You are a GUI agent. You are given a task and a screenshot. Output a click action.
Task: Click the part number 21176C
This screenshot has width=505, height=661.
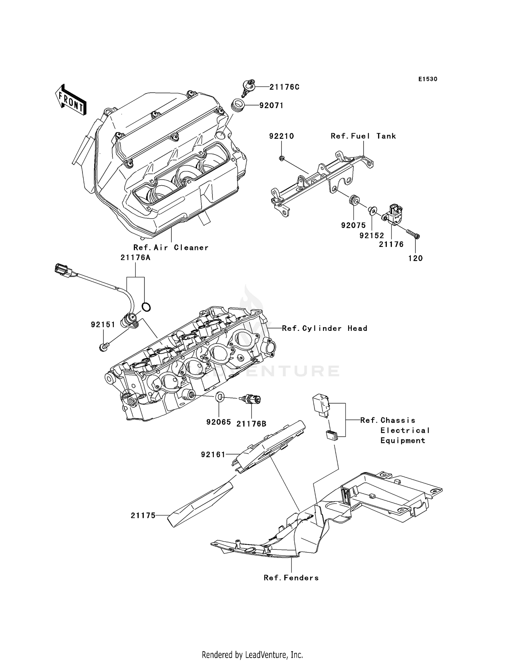[x=284, y=87]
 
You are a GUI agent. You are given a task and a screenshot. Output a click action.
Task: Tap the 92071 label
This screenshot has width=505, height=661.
[x=271, y=105]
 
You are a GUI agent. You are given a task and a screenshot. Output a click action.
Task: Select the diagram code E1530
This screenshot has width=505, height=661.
[x=428, y=79]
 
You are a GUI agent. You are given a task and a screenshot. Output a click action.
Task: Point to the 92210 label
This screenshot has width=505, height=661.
[x=281, y=136]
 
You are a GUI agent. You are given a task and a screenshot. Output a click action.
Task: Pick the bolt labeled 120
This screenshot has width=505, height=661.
[x=413, y=234]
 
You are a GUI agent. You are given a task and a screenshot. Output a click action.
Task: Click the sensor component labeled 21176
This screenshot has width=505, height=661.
[x=395, y=214]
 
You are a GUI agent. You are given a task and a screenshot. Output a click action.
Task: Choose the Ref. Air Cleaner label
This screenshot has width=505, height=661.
[x=171, y=247]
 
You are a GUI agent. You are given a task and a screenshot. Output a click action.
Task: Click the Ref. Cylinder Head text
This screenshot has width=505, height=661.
[x=324, y=328]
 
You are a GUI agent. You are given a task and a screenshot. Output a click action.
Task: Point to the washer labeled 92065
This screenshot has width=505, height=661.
[x=219, y=397]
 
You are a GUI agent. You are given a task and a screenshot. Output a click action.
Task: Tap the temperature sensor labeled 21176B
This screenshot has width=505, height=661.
[x=252, y=400]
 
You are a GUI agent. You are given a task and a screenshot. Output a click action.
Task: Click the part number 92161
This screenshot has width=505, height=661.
[x=213, y=454]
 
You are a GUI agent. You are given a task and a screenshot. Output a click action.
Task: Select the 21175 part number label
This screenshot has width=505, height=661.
[x=143, y=515]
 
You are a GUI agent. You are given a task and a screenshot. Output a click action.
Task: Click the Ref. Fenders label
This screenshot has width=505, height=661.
[x=291, y=578]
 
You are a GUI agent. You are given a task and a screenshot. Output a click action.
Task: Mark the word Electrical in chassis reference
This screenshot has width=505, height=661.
[x=405, y=430]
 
